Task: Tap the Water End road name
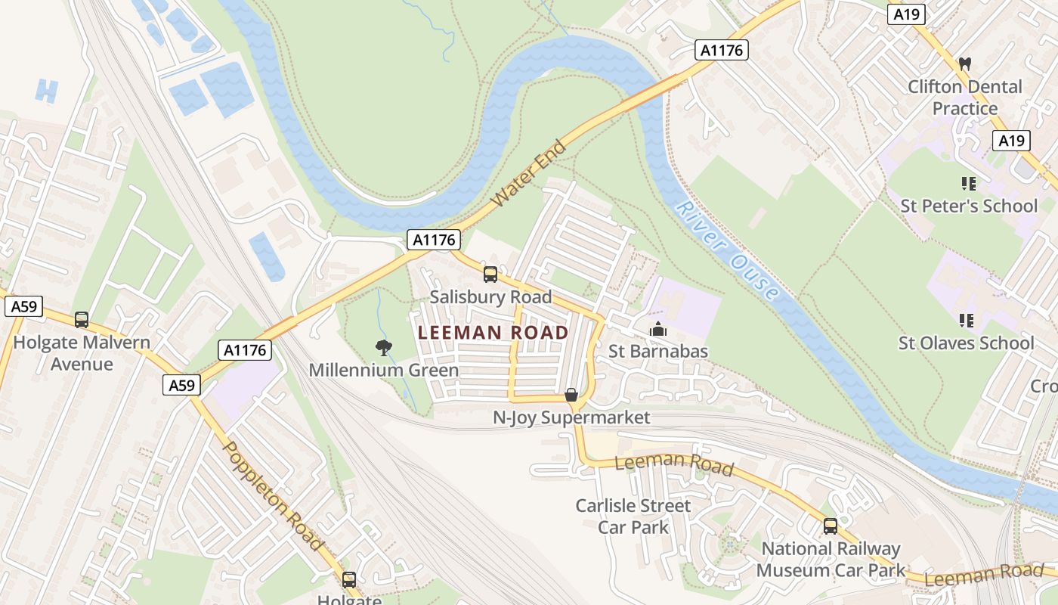pyautogui.click(x=528, y=174)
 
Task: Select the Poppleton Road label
pyautogui.click(x=274, y=495)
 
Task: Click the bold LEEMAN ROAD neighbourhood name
pyautogui.click(x=493, y=333)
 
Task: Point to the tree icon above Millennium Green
pyautogui.click(x=384, y=348)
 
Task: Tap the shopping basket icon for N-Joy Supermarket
pyautogui.click(x=571, y=396)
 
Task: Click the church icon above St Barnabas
pyautogui.click(x=658, y=330)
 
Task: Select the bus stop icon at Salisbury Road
pyautogui.click(x=490, y=275)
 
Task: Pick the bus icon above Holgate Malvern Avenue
pyautogui.click(x=82, y=320)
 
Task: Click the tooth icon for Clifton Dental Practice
pyautogui.click(x=964, y=64)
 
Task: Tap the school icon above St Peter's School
pyautogui.click(x=968, y=184)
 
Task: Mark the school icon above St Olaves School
pyautogui.click(x=966, y=321)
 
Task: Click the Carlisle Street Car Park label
pyautogui.click(x=633, y=516)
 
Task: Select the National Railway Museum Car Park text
pyautogui.click(x=831, y=559)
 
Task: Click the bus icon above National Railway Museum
pyautogui.click(x=831, y=526)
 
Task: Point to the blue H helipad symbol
pyautogui.click(x=46, y=91)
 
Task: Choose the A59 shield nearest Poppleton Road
pyautogui.click(x=181, y=385)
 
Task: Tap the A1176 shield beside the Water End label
pyautogui.click(x=434, y=240)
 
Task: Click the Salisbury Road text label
pyautogui.click(x=490, y=296)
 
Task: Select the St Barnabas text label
pyautogui.click(x=658, y=352)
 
